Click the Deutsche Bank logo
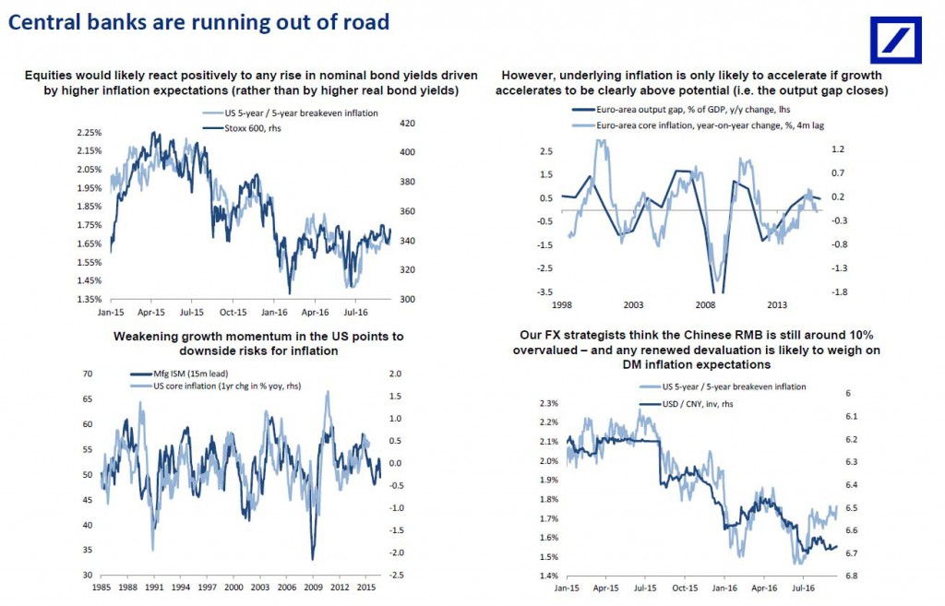coord(895,40)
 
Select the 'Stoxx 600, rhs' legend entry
coord(242,128)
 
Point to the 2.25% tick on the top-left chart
coord(90,133)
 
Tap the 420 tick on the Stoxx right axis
coord(407,123)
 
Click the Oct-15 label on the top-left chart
coord(233,312)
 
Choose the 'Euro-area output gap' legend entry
coord(681,110)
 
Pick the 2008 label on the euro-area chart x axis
coord(705,304)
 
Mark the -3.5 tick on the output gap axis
coord(544,292)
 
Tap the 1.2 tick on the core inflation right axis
coord(838,149)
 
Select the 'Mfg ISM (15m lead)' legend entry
coord(179,374)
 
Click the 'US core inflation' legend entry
coord(215,386)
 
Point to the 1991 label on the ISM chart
coord(154,587)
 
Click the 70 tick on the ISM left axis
coord(88,374)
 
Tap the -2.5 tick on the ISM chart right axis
coord(396,576)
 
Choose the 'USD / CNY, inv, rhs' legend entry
coord(686,404)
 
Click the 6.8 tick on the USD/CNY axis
coord(851,576)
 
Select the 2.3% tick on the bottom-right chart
coord(548,403)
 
